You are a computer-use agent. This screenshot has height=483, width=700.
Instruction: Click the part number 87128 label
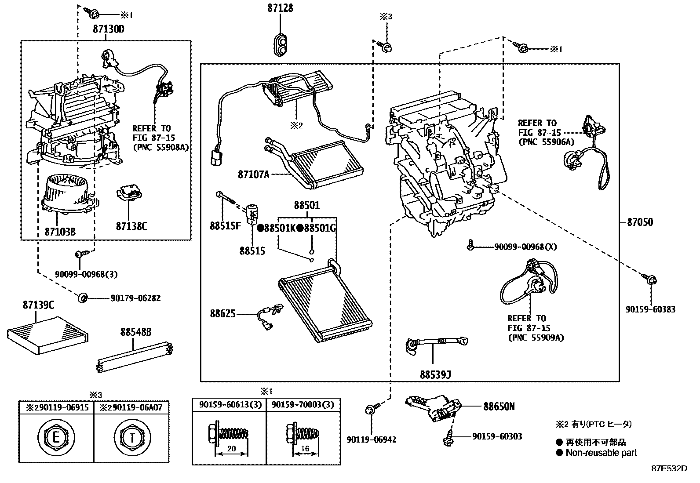pyautogui.click(x=280, y=8)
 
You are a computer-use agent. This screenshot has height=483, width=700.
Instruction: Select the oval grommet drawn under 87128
pyautogui.click(x=281, y=44)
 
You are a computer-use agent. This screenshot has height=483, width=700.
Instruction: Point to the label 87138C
pyautogui.click(x=131, y=226)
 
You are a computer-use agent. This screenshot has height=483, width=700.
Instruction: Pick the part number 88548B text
pyautogui.click(x=136, y=333)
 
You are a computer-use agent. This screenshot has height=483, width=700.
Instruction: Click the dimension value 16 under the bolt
pyautogui.click(x=305, y=449)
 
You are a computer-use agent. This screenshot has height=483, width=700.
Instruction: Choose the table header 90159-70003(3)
pyautogui.click(x=303, y=405)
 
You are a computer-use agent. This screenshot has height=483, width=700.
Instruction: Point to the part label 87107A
pyautogui.click(x=253, y=174)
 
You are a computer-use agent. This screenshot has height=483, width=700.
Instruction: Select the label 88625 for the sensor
pyautogui.click(x=222, y=314)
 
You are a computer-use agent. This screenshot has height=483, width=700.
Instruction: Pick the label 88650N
pyautogui.click(x=499, y=407)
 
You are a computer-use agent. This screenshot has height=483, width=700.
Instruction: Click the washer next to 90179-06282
pyautogui.click(x=82, y=298)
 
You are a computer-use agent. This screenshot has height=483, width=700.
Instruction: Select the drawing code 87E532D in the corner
pyautogui.click(x=669, y=468)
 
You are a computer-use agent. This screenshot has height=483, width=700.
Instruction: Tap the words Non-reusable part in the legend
pyautogui.click(x=601, y=453)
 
